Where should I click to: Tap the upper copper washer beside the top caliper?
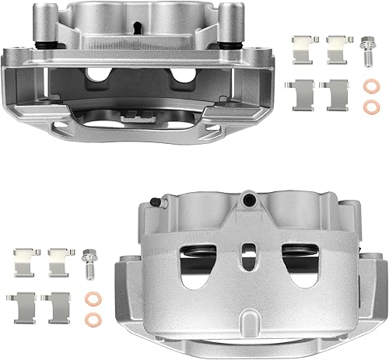pyautogui.click(x=367, y=86)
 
